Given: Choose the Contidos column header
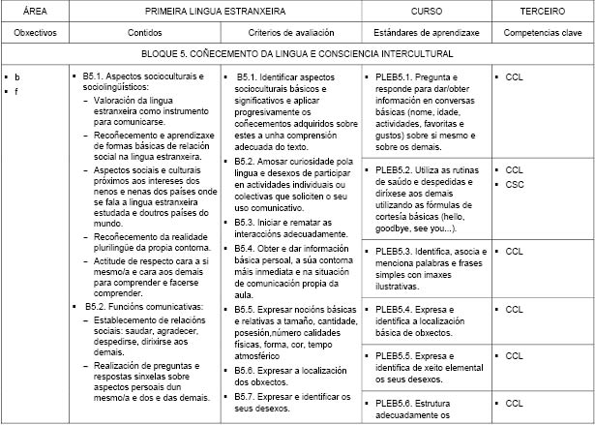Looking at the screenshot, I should (145, 32).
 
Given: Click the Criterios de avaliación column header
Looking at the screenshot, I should (290, 32).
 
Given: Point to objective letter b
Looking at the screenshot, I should (17, 76).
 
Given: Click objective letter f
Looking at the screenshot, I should (17, 90).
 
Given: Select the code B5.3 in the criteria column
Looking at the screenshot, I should (246, 223).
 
